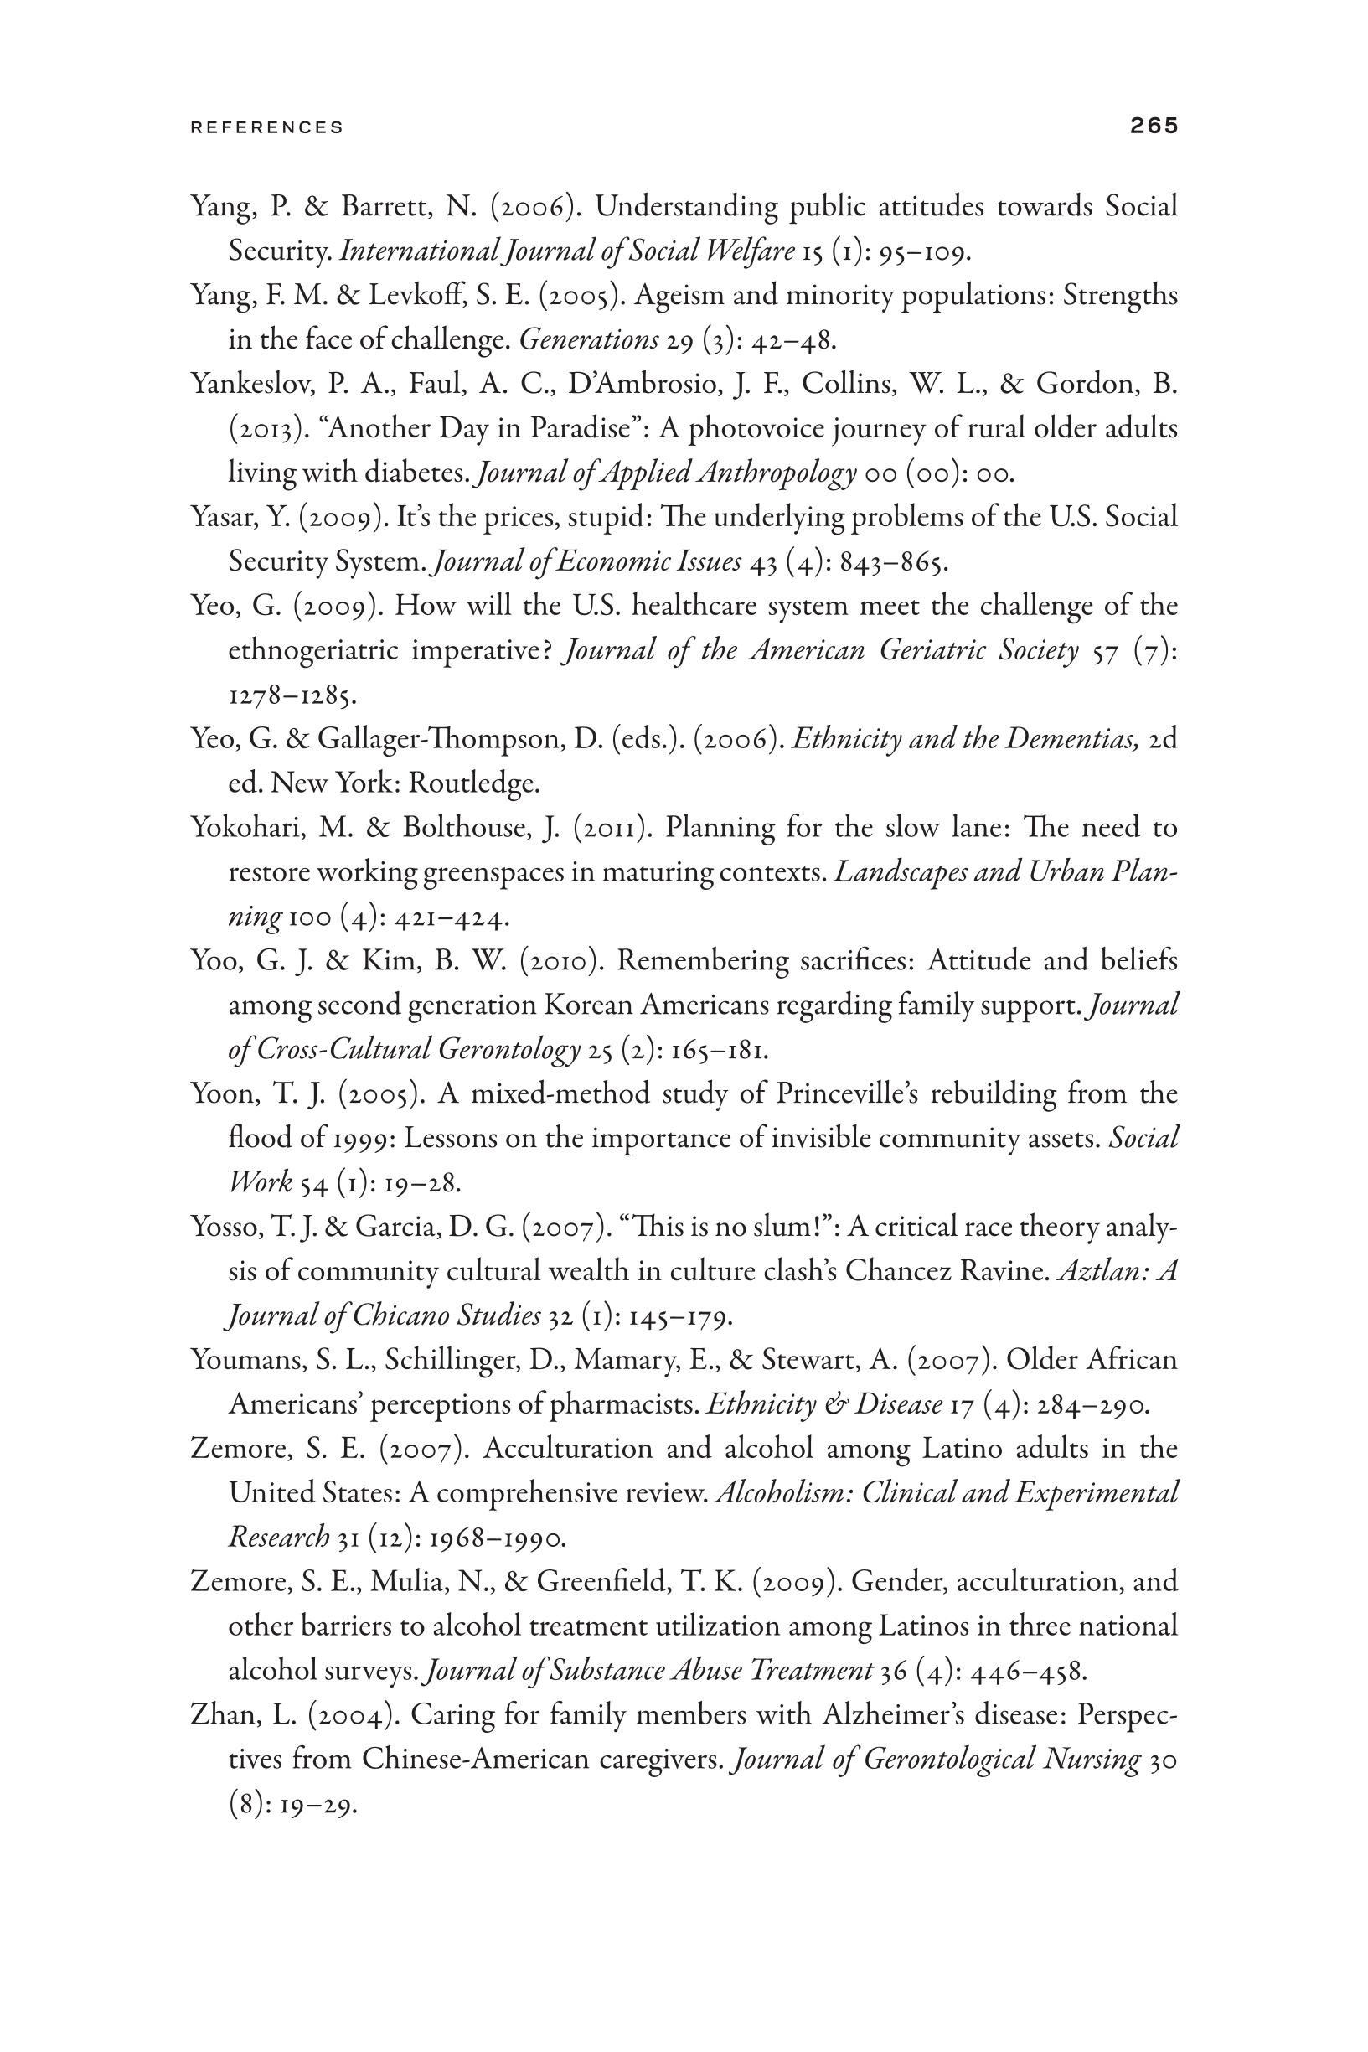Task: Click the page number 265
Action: (x=1154, y=126)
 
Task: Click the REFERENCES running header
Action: (x=267, y=127)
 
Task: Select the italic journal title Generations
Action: (x=589, y=339)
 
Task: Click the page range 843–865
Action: (x=892, y=562)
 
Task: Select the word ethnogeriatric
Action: (x=312, y=651)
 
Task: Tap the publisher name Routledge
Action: (x=474, y=783)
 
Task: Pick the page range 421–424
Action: (x=451, y=917)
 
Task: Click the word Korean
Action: (x=588, y=1005)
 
